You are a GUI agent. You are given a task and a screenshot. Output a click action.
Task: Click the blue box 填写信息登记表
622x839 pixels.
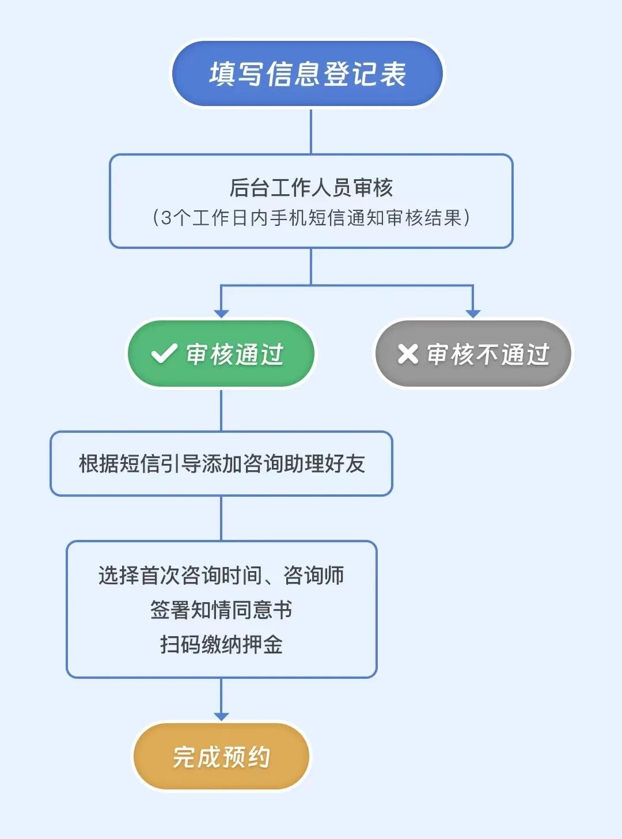pyautogui.click(x=308, y=74)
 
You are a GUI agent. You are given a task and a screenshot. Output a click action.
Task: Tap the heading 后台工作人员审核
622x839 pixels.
pyautogui.click(x=311, y=187)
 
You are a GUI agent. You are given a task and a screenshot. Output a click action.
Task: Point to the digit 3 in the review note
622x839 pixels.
pyautogui.click(x=166, y=218)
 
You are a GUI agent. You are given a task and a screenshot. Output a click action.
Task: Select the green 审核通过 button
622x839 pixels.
pyautogui.click(x=221, y=354)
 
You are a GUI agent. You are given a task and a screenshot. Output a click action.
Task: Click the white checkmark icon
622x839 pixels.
pyautogui.click(x=164, y=354)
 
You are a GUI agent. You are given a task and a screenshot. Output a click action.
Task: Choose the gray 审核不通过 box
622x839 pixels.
pyautogui.click(x=473, y=354)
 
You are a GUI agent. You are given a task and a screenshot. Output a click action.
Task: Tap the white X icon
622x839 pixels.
pyautogui.click(x=408, y=354)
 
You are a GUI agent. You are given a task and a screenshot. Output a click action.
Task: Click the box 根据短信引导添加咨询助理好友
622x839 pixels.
pyautogui.click(x=221, y=463)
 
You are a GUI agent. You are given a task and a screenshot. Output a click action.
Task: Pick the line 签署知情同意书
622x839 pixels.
pyautogui.click(x=221, y=610)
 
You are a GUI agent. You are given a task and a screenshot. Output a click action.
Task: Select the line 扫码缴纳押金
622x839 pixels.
pyautogui.click(x=221, y=644)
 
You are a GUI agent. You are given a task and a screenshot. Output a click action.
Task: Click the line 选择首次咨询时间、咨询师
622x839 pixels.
pyautogui.click(x=221, y=575)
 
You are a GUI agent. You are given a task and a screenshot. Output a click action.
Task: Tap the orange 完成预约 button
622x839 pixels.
pyautogui.click(x=221, y=757)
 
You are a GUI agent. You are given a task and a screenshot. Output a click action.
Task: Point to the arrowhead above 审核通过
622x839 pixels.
pyautogui.click(x=221, y=313)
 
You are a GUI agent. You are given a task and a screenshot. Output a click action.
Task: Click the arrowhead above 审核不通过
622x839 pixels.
pyautogui.click(x=473, y=313)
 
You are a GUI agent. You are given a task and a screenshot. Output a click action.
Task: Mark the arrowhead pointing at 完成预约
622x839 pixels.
pyautogui.click(x=221, y=716)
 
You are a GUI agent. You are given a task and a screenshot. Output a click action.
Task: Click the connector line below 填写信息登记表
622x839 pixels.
pyautogui.click(x=311, y=131)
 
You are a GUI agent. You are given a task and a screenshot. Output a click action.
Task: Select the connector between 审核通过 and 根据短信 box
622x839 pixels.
pyautogui.click(x=221, y=410)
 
